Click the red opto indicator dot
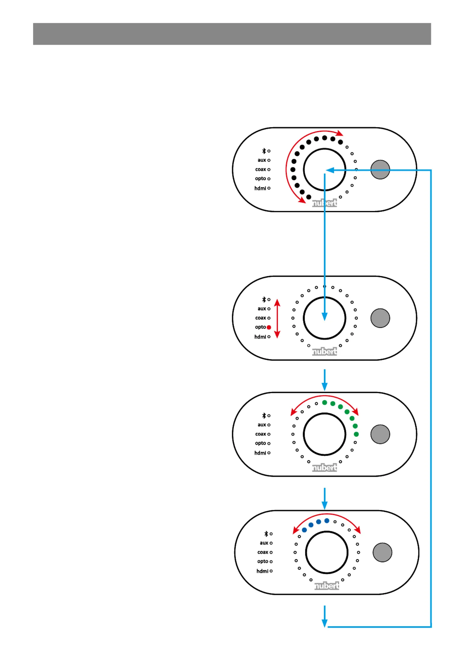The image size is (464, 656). [x=269, y=327]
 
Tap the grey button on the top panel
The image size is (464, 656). [x=380, y=169]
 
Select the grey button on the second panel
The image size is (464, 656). [x=380, y=318]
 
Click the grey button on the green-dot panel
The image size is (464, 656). [x=380, y=434]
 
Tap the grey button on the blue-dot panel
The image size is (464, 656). [x=382, y=552]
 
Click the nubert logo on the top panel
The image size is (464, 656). [x=325, y=203]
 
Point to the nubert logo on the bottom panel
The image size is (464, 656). [x=327, y=586]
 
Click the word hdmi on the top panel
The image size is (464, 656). [x=260, y=188]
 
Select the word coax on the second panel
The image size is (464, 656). [x=261, y=318]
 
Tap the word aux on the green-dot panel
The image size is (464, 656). [x=262, y=425]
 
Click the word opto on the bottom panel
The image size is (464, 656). [x=263, y=562]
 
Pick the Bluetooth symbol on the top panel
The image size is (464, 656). [x=264, y=151]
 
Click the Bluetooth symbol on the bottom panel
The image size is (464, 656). [x=266, y=534]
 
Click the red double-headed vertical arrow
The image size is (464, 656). [x=277, y=319]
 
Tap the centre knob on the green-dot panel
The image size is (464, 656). [x=325, y=434]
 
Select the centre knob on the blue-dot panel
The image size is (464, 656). [x=327, y=552]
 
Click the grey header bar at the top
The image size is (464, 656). [x=232, y=34]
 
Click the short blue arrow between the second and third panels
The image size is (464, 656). [x=325, y=380]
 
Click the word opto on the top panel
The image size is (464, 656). [x=261, y=179]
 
